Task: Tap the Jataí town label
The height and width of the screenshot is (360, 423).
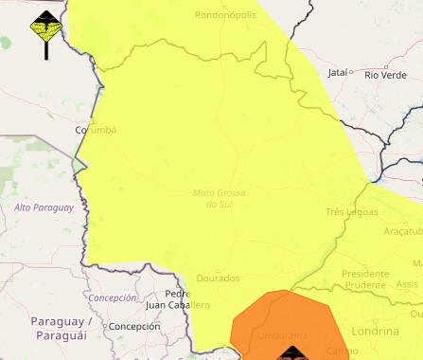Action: (x=337, y=72)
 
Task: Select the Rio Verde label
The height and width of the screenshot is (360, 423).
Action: (x=385, y=74)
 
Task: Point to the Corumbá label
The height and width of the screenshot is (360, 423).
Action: (x=96, y=131)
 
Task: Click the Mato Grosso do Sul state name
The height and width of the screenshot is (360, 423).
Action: (x=219, y=198)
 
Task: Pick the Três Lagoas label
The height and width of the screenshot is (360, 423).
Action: (x=352, y=212)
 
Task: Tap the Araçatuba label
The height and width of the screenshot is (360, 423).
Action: (x=403, y=232)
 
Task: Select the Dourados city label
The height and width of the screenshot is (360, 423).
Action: (x=218, y=279)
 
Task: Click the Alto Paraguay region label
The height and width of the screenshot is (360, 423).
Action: (x=44, y=207)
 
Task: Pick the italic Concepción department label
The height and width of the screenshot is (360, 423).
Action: (x=113, y=297)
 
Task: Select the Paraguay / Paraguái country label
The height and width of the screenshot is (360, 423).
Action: (x=61, y=329)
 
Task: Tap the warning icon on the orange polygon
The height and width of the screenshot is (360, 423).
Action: (x=291, y=354)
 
